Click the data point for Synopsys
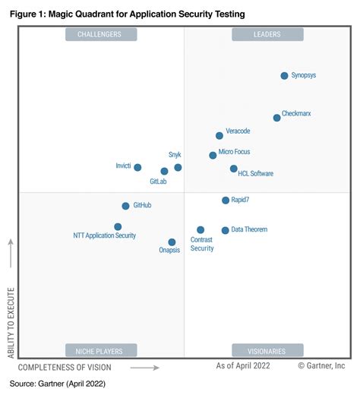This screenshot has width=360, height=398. click(x=284, y=75)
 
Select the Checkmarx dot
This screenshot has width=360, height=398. click(x=276, y=118)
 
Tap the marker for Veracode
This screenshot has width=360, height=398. click(x=219, y=135)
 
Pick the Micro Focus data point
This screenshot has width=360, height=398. click(x=213, y=155)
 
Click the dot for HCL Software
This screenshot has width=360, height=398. click(x=233, y=169)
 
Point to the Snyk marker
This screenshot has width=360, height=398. click(x=178, y=167)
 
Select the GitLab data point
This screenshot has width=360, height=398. click(x=164, y=172)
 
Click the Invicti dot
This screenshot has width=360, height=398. click(x=137, y=167)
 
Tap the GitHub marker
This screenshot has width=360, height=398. click(x=125, y=206)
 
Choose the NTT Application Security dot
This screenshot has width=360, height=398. click(x=118, y=226)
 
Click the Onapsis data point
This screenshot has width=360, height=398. click(x=172, y=242)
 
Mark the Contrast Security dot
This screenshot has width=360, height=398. click(x=201, y=229)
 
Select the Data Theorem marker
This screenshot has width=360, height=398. click(x=225, y=230)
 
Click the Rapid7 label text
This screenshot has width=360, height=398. click(x=242, y=201)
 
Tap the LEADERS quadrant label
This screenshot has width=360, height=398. click(x=267, y=34)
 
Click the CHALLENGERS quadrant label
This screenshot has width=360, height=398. click(x=101, y=34)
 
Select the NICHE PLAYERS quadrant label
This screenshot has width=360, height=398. click(x=101, y=351)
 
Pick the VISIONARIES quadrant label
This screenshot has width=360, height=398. click(x=267, y=351)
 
